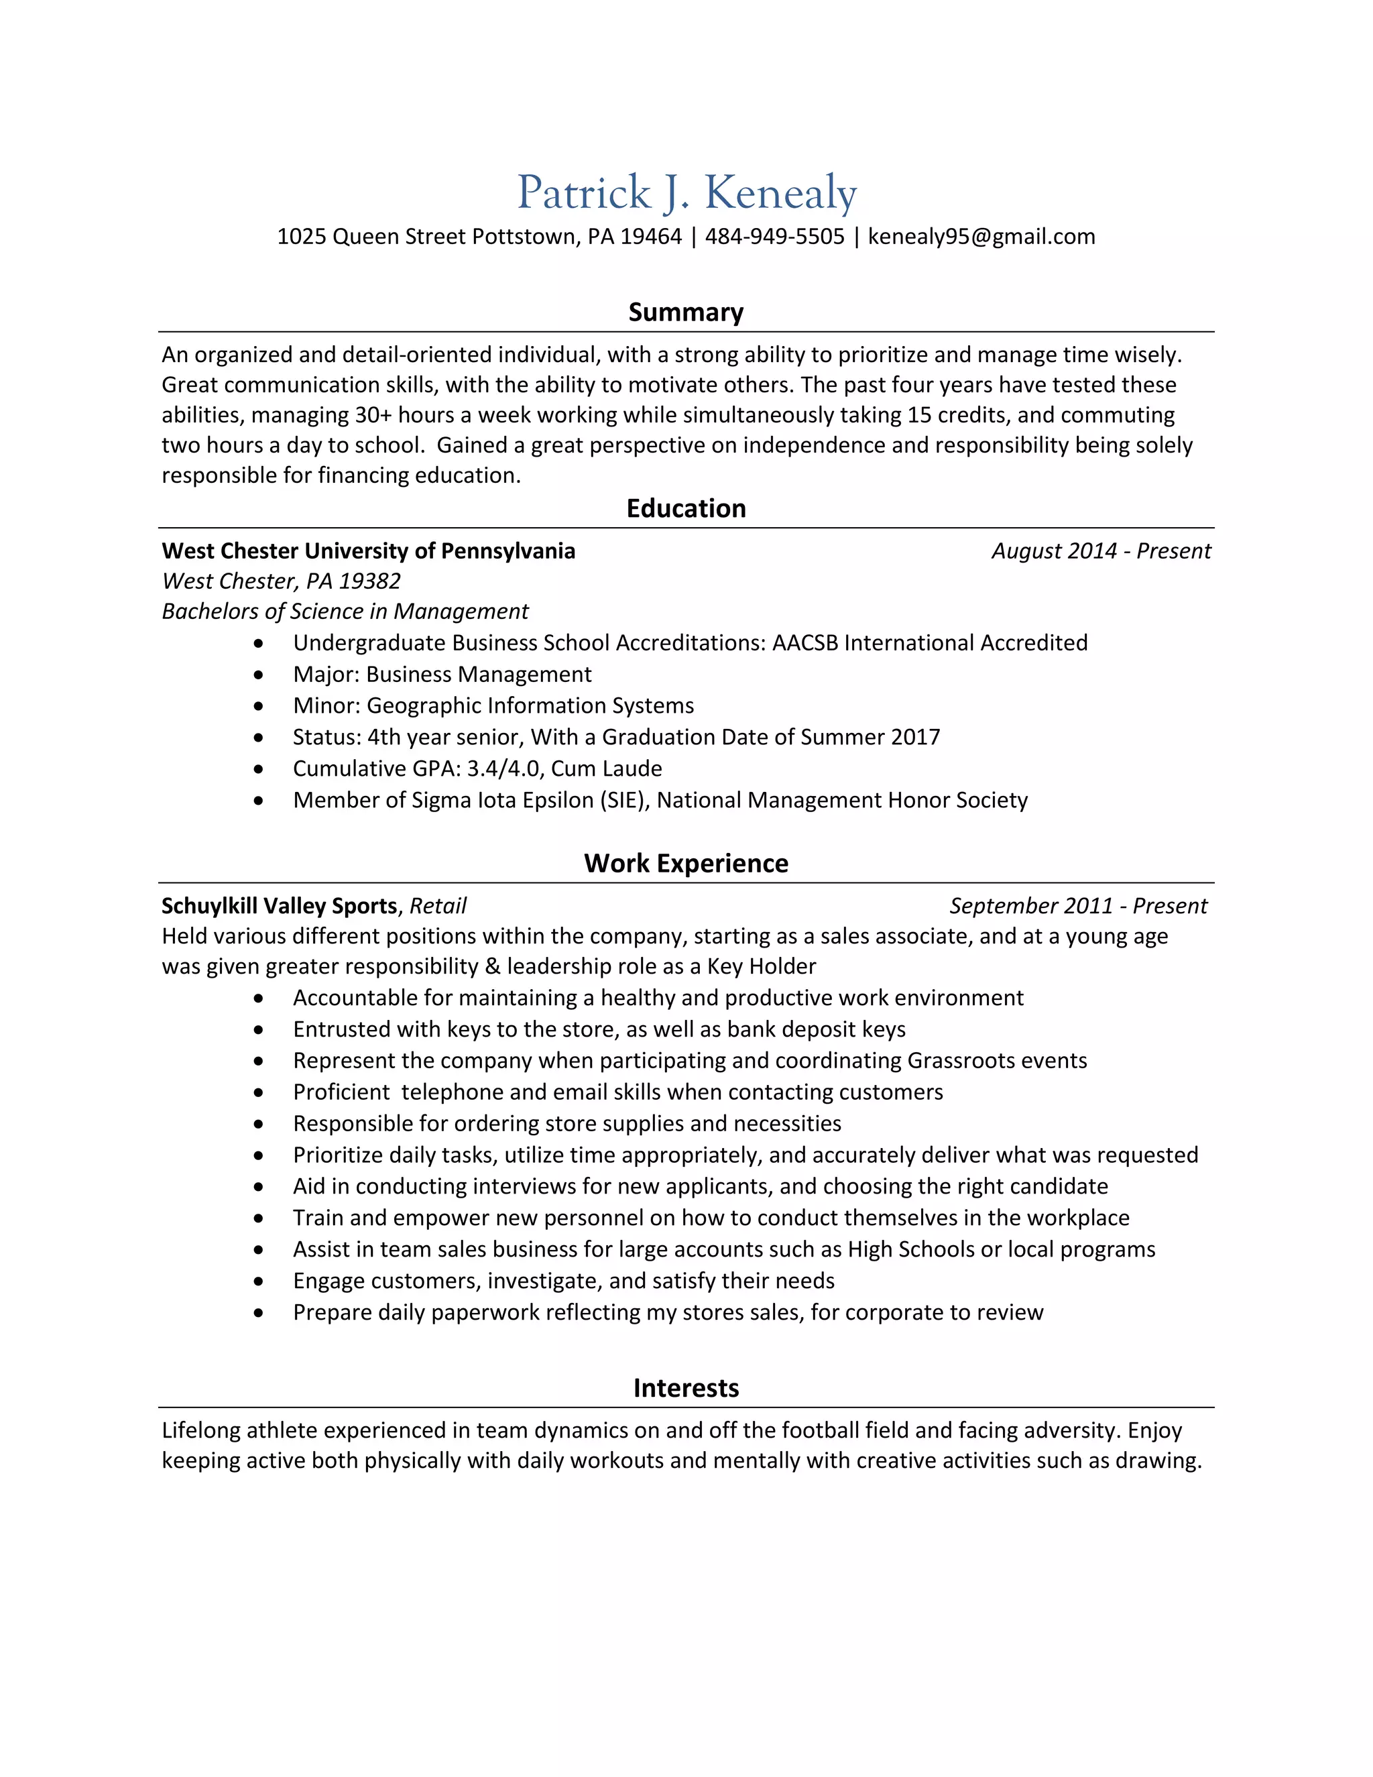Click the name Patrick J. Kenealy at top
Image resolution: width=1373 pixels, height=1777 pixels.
(x=686, y=193)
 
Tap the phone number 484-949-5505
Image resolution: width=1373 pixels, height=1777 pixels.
(x=774, y=237)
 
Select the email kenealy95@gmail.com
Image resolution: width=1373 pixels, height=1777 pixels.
(x=981, y=237)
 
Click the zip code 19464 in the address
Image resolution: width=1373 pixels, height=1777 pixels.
(x=651, y=237)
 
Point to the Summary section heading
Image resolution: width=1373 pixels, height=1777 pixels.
(x=686, y=312)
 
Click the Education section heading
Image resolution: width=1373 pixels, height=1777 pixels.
(x=686, y=508)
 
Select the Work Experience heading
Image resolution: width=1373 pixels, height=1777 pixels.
(x=686, y=863)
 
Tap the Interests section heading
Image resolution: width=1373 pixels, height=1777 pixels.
(x=686, y=1388)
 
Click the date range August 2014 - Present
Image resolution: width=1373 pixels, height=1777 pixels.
(x=1101, y=552)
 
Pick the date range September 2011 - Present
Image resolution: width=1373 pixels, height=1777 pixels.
(x=1078, y=907)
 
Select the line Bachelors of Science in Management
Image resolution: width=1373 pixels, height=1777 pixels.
(x=345, y=612)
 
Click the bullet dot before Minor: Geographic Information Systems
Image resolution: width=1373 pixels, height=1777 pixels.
(x=259, y=707)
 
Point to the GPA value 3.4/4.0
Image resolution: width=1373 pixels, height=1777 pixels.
(x=503, y=769)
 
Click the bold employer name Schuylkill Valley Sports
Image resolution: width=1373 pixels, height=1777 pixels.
(x=279, y=907)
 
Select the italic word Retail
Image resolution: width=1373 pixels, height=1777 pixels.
(x=438, y=907)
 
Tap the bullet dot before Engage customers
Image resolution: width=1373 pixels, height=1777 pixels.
(x=259, y=1281)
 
